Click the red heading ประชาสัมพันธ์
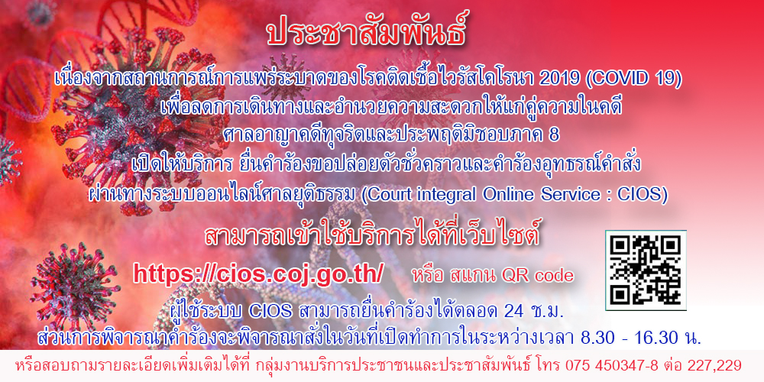pos(367,33)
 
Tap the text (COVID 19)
pos(633,80)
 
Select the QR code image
pos(646,270)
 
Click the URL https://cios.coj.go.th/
pos(259,274)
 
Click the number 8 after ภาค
pos(554,137)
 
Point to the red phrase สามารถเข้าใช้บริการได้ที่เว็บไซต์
pos(372,236)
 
